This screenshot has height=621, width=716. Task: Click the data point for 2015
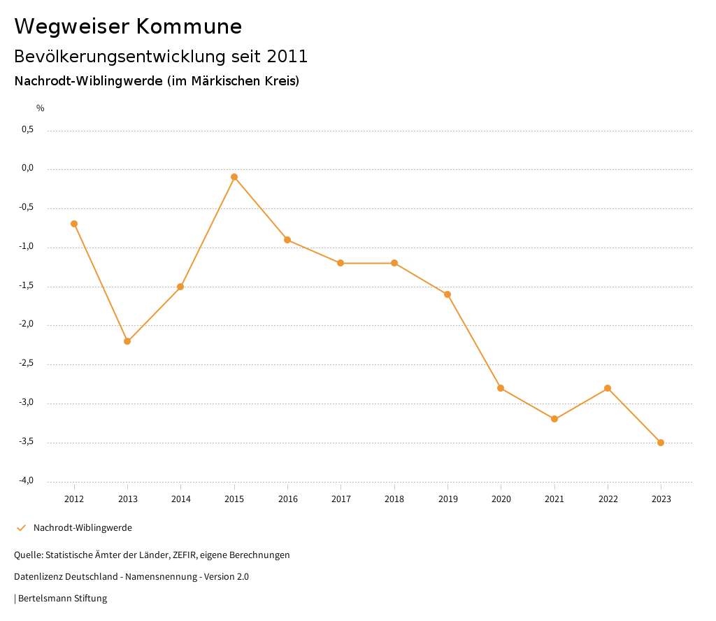coord(234,177)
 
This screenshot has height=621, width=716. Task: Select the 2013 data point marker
coord(127,341)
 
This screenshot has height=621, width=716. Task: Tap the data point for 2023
coord(661,443)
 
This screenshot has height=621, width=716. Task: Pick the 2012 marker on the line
coord(74,224)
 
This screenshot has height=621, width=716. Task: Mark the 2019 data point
coord(447,294)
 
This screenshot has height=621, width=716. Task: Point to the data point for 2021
coord(554,419)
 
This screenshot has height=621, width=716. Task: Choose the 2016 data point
coord(287,240)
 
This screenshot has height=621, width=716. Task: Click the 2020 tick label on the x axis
coord(501,499)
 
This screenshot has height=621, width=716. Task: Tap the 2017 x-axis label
coord(341,499)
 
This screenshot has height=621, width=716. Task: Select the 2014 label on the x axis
coord(181,499)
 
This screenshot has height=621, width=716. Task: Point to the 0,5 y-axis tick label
coord(28,129)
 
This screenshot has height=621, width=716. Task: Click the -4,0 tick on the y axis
coord(27,480)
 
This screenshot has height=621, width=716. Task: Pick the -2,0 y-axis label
coord(27,324)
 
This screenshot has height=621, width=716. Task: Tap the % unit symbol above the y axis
coord(41,108)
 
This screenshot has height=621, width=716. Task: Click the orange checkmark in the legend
coord(21,528)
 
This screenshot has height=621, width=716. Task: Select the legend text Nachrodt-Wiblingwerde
coord(83,528)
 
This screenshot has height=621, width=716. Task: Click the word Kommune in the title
coord(189,27)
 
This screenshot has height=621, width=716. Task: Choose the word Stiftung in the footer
coord(90,599)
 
